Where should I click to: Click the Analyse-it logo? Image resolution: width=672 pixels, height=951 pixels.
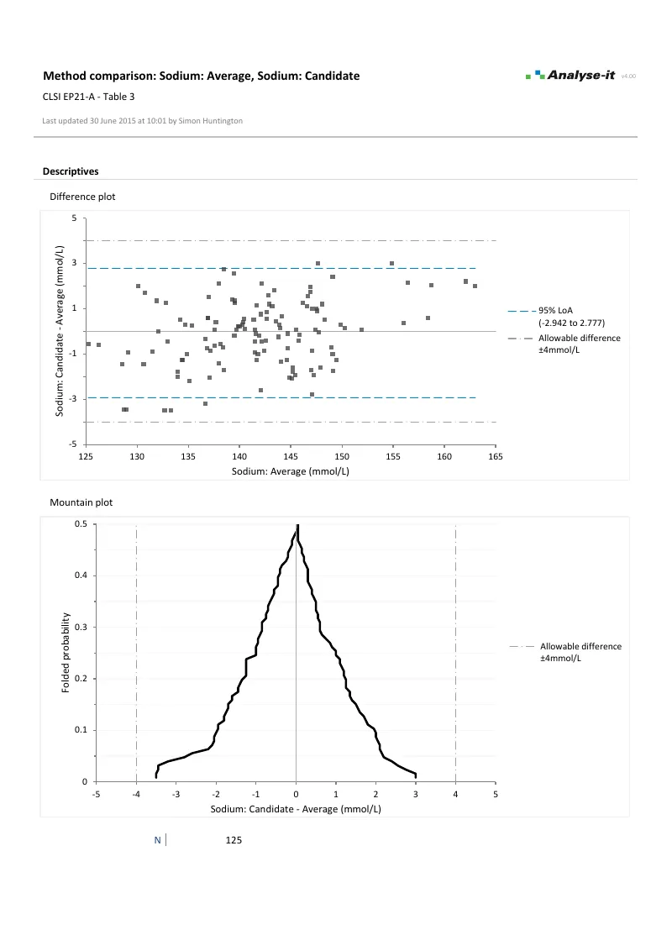[x=570, y=76]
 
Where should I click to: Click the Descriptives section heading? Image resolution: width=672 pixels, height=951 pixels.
[x=71, y=171]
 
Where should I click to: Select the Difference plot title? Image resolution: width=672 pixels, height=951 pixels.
[x=82, y=197]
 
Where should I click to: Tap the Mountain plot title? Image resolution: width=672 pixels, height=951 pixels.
[x=81, y=502]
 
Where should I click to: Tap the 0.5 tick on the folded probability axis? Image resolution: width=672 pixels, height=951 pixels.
[x=81, y=524]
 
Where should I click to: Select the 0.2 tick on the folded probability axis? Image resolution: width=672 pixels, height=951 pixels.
[x=81, y=679]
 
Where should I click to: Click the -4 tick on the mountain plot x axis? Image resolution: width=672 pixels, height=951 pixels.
[x=136, y=794]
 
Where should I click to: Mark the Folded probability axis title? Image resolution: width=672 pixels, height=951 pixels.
[x=66, y=653]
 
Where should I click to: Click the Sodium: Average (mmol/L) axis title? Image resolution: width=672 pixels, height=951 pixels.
[x=291, y=471]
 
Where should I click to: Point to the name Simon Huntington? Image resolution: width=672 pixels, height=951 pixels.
[x=211, y=121]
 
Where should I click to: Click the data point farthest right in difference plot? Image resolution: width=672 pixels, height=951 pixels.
[x=475, y=286]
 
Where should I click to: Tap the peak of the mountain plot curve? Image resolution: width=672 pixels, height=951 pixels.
[x=297, y=527]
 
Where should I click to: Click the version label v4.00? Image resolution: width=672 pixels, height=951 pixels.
[x=627, y=76]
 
